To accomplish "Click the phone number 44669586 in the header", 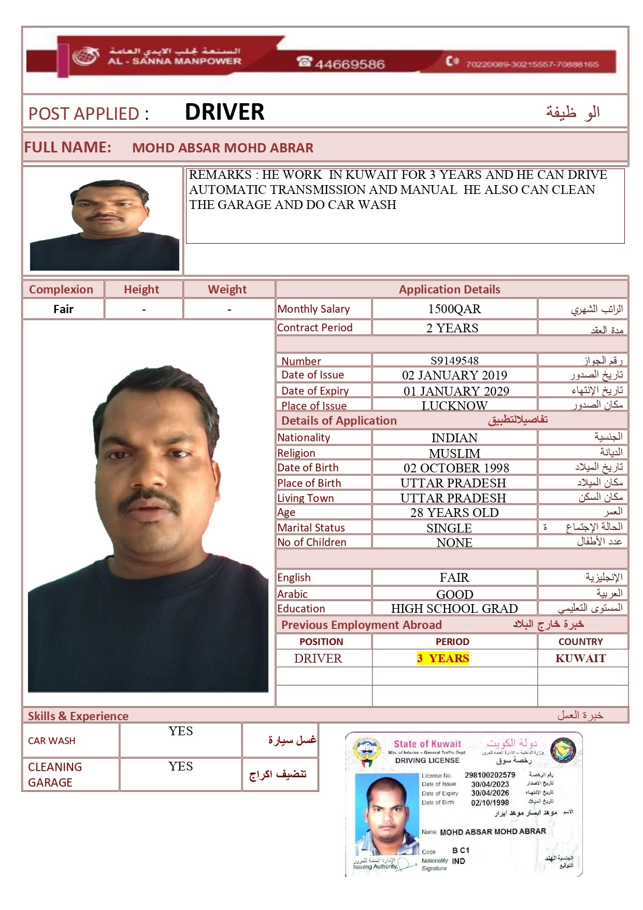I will (349, 64).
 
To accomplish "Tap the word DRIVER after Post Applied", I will (224, 112).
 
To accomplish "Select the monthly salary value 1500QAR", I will (454, 309).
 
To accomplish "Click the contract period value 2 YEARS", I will (452, 328).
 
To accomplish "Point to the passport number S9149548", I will (454, 360).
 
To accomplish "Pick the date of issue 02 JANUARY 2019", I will (454, 375).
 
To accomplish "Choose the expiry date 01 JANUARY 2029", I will (456, 391).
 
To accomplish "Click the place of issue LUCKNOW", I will (454, 405).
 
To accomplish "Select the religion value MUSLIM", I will (454, 453).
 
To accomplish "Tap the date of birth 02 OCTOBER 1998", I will (456, 468).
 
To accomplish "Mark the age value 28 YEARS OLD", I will (454, 513).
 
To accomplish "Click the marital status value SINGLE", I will (449, 528).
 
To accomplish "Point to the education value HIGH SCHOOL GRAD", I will (454, 608).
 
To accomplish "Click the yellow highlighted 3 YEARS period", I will (443, 659).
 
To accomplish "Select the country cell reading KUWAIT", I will (580, 659).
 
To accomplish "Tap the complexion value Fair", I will (63, 310).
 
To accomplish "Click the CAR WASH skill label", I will (52, 741).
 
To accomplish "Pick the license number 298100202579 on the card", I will (490, 775).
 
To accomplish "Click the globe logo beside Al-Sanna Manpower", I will (85, 57).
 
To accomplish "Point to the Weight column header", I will (227, 289).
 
